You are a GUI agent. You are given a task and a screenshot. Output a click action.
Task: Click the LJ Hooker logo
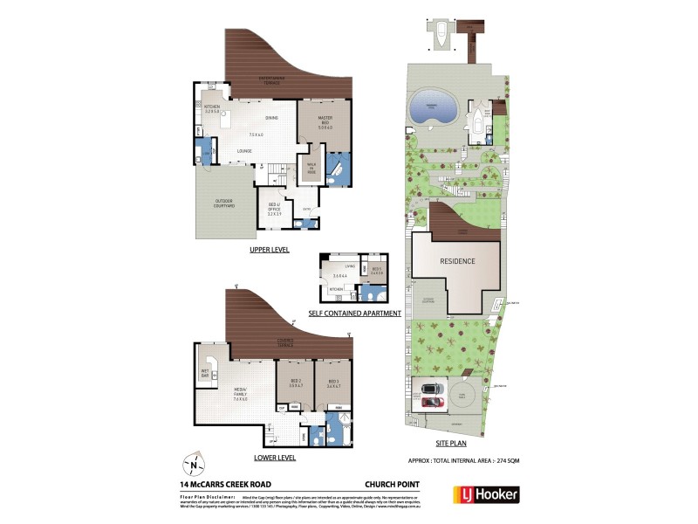coord(485,494)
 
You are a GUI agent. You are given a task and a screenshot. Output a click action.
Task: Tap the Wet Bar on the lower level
coord(206,372)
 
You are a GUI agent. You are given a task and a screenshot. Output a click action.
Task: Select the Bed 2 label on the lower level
coord(295,383)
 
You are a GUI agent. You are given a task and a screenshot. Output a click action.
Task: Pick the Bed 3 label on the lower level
coord(333,383)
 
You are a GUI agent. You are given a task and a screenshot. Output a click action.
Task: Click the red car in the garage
coord(433,402)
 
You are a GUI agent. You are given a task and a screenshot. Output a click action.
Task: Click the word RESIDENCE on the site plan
coord(456,261)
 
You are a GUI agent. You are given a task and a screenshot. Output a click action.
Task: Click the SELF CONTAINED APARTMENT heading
coord(354,313)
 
